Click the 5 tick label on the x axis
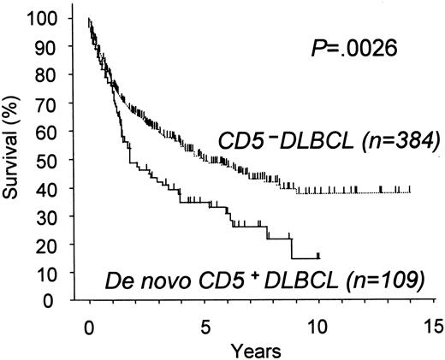pyautogui.click(x=205, y=326)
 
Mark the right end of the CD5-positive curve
pyautogui.click(x=318, y=256)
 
